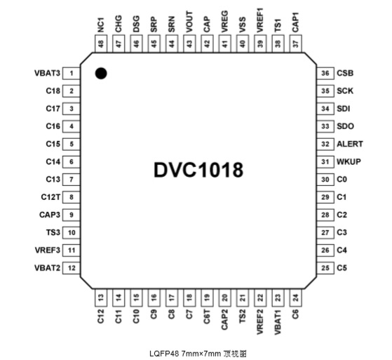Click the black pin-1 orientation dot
pos(101,73)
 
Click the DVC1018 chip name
pos(198,170)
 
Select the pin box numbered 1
pos(72,73)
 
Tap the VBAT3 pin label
pos(47,73)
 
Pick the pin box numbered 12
pos(72,268)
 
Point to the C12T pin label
pos(50,197)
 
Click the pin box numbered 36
pos(325,73)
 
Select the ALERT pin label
pos(350,144)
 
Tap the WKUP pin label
pos(349,161)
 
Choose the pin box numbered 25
pos(325,268)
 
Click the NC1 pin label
pos(101,25)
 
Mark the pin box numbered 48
pos(101,44)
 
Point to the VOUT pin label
pos(189,22)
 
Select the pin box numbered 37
pos(296,44)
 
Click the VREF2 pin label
pos(260,322)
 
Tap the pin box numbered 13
pos(101,298)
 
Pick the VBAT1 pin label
pos(278,322)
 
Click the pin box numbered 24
pos(296,298)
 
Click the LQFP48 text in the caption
pos(164,354)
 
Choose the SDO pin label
pos(345,126)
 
